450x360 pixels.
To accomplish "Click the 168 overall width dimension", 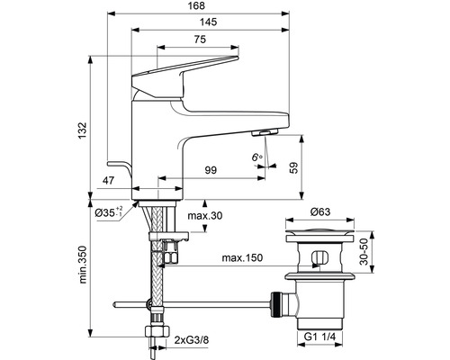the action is click(198, 5).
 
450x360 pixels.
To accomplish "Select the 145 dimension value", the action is click(209, 22).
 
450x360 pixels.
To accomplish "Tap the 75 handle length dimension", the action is click(200, 40).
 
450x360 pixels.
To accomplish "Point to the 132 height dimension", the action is click(83, 130).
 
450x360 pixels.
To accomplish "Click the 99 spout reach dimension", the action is click(211, 170).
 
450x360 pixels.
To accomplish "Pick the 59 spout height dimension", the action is click(294, 167).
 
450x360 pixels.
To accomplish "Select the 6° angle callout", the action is click(256, 157).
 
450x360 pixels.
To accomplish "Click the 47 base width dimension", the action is click(109, 181).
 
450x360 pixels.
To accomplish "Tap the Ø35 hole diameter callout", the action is click(109, 212).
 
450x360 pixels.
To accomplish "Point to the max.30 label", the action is click(205, 215).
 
